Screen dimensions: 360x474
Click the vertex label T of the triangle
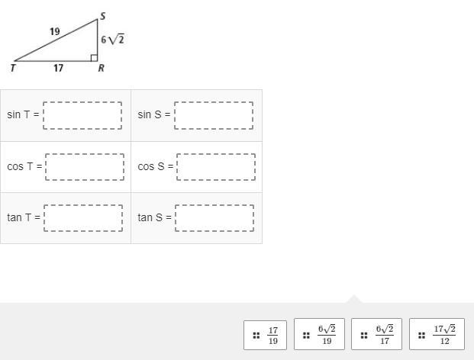tap(13, 69)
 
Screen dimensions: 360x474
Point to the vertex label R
tap(101, 69)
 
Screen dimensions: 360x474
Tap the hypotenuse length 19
tap(54, 32)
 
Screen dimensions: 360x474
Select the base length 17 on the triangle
tap(58, 69)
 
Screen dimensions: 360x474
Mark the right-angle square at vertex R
tap(93, 57)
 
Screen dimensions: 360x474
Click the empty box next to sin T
tap(82, 115)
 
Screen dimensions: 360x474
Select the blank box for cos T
tap(84, 166)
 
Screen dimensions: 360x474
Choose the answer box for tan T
tap(83, 218)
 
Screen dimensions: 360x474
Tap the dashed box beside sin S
tap(214, 115)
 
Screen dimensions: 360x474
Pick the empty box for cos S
tap(215, 166)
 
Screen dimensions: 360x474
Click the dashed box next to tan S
tap(214, 218)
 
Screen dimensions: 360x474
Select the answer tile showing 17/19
tap(265, 334)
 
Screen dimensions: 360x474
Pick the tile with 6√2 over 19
tap(319, 334)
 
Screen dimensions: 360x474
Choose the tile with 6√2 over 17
tap(376, 334)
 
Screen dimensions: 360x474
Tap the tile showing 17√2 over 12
tap(437, 334)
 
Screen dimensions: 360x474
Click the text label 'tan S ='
tap(154, 218)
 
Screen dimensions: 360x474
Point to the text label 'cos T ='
tap(24, 166)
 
